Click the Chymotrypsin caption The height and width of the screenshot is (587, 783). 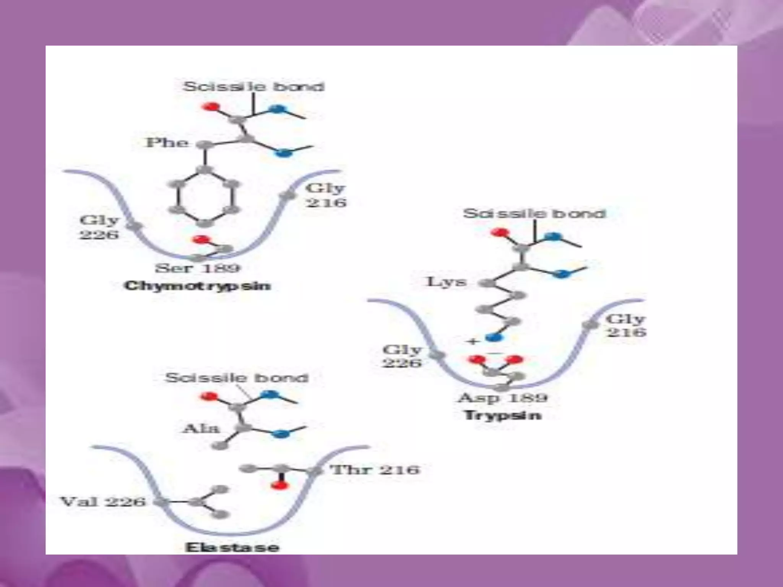click(197, 286)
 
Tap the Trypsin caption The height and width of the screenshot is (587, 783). click(503, 415)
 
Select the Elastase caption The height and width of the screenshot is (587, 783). click(232, 547)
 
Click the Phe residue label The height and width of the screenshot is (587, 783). click(167, 143)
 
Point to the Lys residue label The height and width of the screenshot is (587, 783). click(446, 282)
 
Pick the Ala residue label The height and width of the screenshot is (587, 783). click(201, 428)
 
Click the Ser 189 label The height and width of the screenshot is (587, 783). click(197, 268)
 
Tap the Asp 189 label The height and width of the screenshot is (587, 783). click(503, 398)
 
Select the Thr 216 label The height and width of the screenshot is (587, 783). click(375, 469)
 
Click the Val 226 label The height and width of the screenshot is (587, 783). click(103, 501)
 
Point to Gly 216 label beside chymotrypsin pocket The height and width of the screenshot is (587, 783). click(326, 195)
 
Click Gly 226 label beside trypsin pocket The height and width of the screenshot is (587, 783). click(402, 356)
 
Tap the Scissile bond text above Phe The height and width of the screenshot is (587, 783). click(253, 86)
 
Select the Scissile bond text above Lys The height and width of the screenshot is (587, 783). click(534, 213)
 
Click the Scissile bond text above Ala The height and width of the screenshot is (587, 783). click(237, 378)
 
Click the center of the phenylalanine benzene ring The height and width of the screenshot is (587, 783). click(205, 197)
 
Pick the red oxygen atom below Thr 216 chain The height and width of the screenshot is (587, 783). click(279, 485)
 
